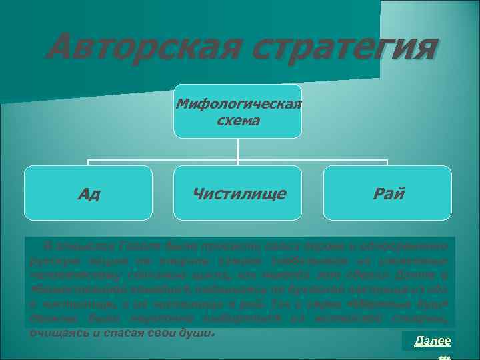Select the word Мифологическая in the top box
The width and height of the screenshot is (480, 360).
[238, 105]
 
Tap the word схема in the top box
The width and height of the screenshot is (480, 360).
[238, 121]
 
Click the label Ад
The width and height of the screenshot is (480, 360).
[88, 194]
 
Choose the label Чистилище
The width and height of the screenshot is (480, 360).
[238, 194]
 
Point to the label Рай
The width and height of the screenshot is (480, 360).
[389, 194]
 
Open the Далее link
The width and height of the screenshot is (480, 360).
[432, 341]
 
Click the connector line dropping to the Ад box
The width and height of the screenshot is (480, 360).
[89, 163]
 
